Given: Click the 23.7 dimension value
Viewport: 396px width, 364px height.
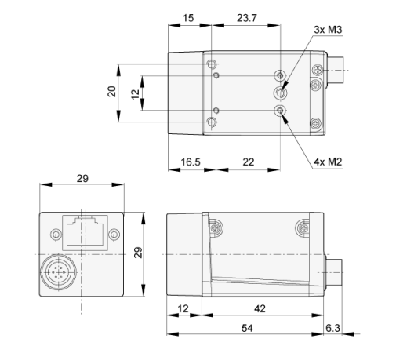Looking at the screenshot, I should tap(245, 17).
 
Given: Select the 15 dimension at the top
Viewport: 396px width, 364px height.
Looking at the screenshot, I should tap(189, 17).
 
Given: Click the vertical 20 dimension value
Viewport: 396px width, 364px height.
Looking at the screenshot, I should tap(112, 93).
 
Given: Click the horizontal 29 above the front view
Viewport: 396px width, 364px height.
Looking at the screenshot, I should tap(82, 179).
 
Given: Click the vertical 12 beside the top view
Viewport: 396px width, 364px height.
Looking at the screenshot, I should tap(135, 93).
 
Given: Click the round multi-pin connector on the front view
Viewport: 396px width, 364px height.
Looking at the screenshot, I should tap(57, 273).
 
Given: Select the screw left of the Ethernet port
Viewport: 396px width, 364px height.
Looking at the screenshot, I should tap(53, 233).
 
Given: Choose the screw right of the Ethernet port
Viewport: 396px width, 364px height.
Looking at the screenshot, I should tap(114, 233).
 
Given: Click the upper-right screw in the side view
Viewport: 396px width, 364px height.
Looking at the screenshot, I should tap(302, 227).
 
